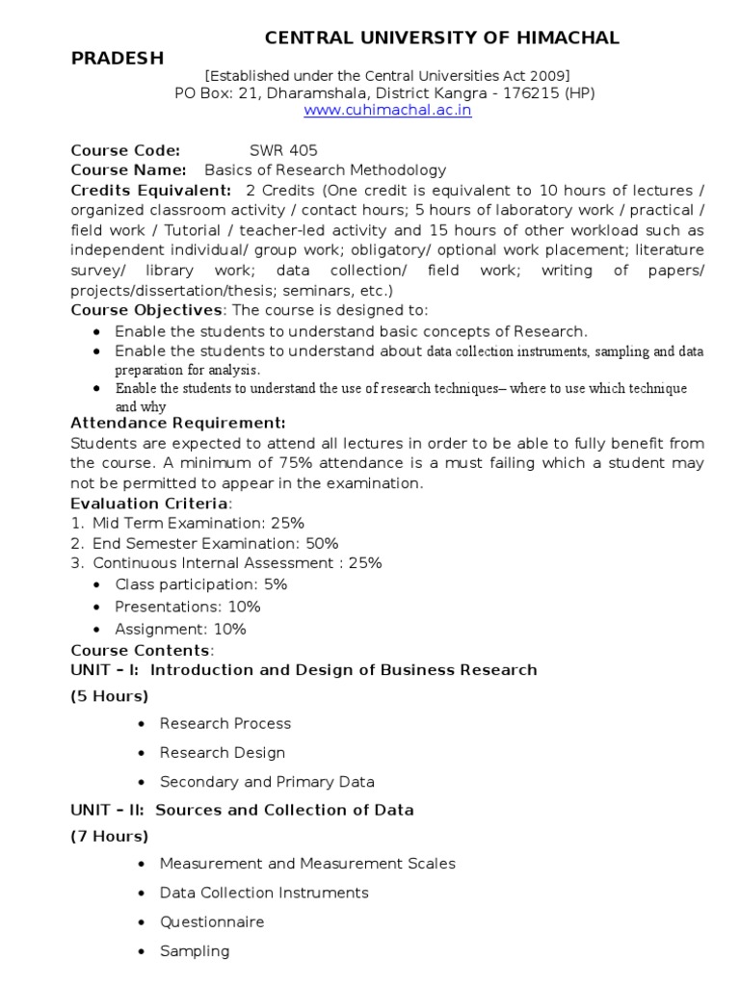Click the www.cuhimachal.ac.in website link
(388, 111)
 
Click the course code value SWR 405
(282, 150)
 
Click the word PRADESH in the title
(118, 58)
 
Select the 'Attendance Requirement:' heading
(178, 423)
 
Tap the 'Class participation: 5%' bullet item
(201, 584)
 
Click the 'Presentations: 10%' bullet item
(188, 607)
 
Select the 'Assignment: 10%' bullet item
(180, 629)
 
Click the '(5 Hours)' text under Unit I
(110, 696)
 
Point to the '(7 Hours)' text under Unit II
(110, 836)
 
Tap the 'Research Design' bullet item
(223, 752)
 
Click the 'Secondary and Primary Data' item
(267, 781)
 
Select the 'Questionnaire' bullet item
(212, 921)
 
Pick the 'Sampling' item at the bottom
(195, 950)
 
